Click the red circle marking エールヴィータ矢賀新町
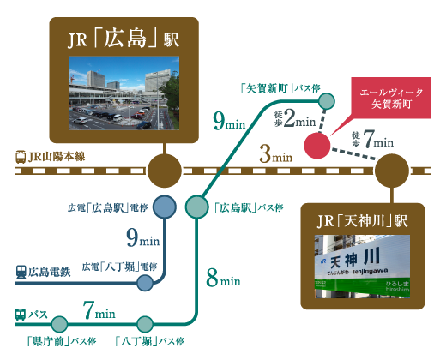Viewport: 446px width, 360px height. [316, 146]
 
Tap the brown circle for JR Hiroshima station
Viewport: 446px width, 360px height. [165, 171]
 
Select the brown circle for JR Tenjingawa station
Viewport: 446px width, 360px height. [392, 171]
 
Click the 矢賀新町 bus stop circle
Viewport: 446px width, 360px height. [327, 101]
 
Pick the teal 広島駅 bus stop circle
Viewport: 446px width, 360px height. [196, 207]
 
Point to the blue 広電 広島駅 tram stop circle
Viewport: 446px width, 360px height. [165, 207]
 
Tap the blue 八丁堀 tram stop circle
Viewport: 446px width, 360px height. [145, 283]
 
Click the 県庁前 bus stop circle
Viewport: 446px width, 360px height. [59, 324]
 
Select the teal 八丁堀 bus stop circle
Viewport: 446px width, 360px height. [145, 324]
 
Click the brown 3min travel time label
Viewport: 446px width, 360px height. [276, 154]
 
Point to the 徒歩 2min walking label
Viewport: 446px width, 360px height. [295, 118]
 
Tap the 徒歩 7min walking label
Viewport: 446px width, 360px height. [372, 139]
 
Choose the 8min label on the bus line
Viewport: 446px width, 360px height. [223, 278]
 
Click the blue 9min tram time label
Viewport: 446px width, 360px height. [143, 237]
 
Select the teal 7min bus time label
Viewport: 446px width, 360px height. [99, 310]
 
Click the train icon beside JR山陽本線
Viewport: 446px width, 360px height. [21, 157]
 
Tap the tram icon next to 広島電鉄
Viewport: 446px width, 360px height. [21, 273]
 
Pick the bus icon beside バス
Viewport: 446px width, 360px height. [21, 315]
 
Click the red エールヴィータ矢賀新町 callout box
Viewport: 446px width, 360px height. [390, 98]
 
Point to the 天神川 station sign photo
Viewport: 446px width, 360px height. [362, 266]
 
